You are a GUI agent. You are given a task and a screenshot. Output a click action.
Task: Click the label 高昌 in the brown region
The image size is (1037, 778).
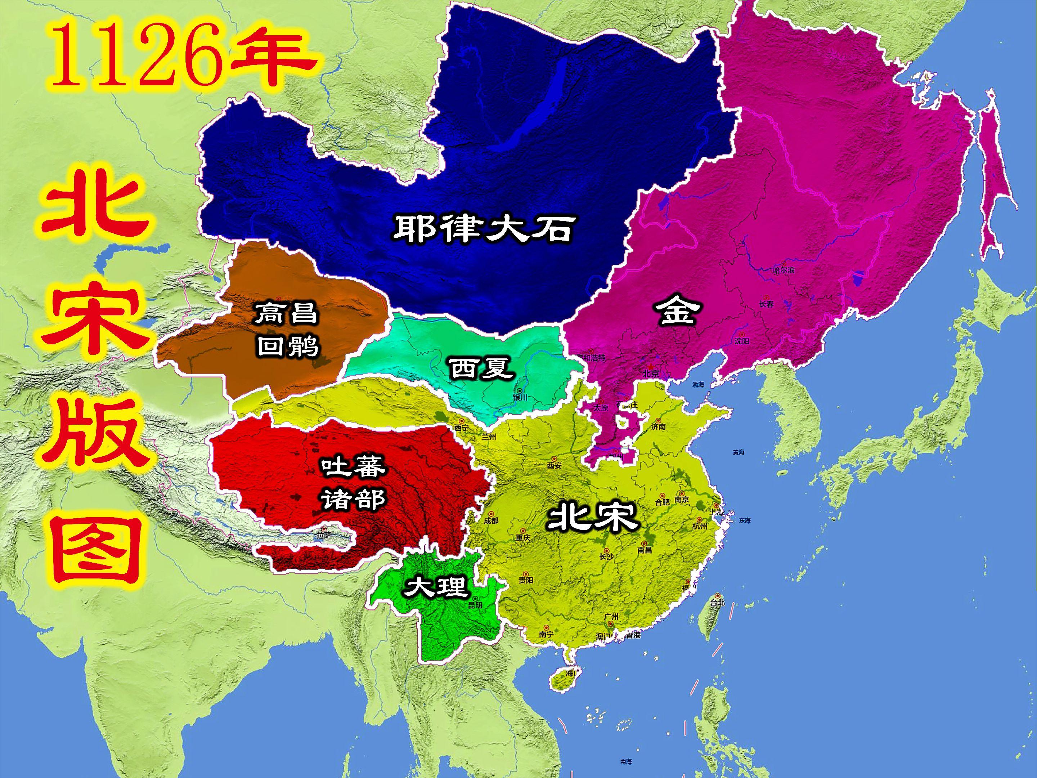286,313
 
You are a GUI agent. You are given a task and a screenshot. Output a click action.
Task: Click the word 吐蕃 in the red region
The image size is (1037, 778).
353,466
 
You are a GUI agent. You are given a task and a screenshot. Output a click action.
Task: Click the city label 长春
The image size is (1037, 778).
766,304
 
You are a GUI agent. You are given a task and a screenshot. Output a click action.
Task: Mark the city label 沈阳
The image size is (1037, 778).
742,341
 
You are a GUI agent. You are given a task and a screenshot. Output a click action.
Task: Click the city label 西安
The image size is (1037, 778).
554,466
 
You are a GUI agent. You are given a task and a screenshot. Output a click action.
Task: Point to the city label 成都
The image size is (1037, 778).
491,520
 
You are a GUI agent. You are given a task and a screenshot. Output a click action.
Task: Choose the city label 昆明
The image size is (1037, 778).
475,605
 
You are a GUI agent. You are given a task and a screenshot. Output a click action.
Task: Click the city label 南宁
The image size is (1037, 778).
546,634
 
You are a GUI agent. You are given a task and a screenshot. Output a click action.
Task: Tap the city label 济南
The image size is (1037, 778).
658,427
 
